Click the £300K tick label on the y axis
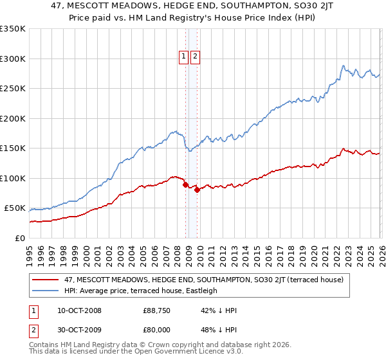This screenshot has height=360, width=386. coord(13,59)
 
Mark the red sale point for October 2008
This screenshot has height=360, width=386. coord(185,185)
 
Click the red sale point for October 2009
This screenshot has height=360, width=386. coord(198,190)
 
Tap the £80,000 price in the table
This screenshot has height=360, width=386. coord(156,328)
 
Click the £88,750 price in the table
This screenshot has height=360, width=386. coord(156,310)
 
